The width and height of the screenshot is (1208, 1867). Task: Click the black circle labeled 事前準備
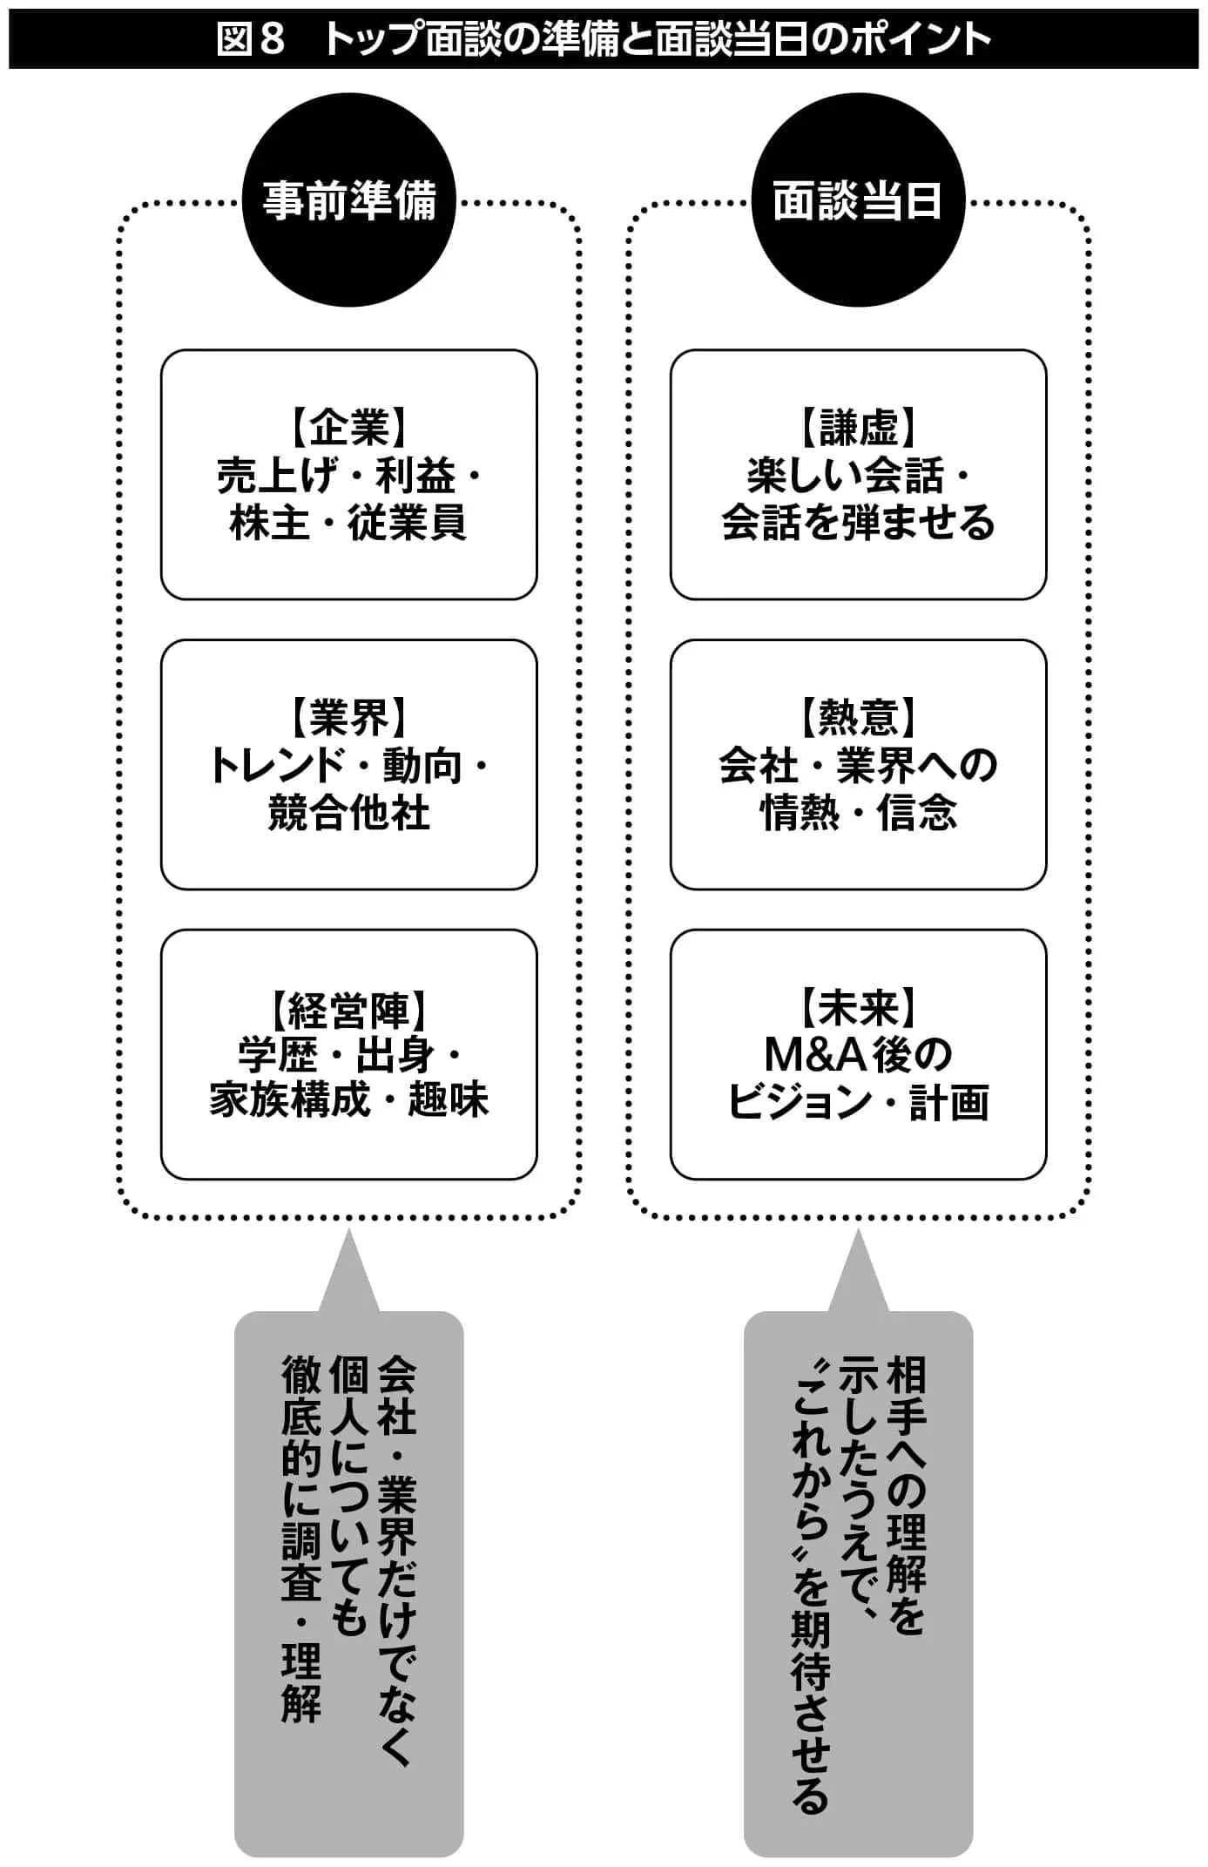348,200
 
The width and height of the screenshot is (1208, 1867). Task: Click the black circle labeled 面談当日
858,200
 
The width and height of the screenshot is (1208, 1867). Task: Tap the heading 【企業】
348,428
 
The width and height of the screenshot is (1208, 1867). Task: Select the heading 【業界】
348,718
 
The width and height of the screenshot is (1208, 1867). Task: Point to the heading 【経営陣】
348,1010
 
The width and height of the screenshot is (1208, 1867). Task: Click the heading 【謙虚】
858,428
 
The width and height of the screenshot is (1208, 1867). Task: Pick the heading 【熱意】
858,718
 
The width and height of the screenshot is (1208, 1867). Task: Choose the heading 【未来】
858,1008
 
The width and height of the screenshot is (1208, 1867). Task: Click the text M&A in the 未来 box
815,1055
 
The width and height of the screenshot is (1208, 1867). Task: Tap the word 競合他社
348,813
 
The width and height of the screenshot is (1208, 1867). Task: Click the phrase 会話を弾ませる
858,523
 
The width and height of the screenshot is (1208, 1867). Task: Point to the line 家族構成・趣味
348,1100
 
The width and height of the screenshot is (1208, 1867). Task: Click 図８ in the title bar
251,39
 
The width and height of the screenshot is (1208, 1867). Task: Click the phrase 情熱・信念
858,813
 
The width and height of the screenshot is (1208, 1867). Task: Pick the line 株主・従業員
348,523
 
